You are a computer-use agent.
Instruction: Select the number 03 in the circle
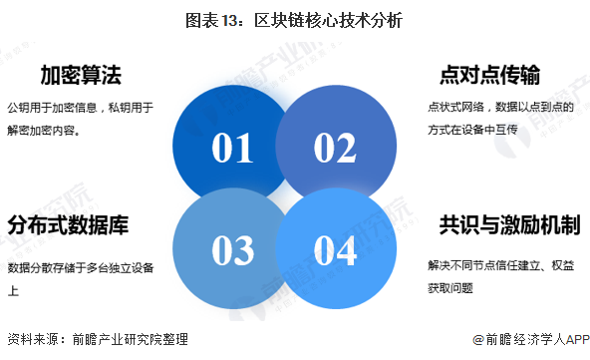point(233,250)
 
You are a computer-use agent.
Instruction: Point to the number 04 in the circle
point(335,250)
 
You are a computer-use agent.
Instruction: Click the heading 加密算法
point(81,75)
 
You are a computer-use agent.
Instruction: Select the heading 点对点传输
point(490,75)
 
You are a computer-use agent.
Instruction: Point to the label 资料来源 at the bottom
point(29,339)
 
